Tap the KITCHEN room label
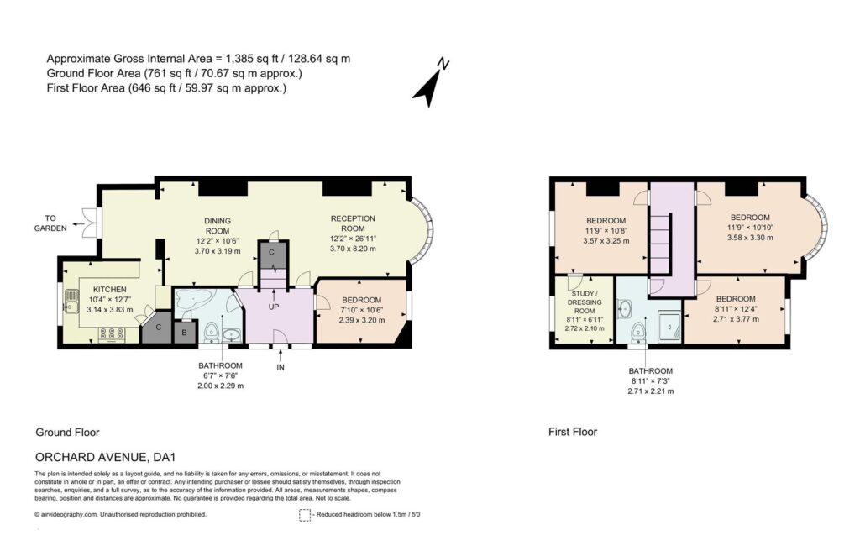tap(110, 289)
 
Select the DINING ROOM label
tap(218, 226)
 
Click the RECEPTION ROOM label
tap(353, 223)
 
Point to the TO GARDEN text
tap(50, 223)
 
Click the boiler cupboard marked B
tap(185, 333)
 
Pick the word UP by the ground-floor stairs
tap(274, 307)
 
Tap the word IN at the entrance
tap(281, 367)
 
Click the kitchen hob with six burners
tap(112, 334)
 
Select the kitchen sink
tap(71, 301)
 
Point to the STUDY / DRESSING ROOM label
tap(585, 302)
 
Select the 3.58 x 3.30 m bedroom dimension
tap(750, 238)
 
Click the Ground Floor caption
tap(67, 433)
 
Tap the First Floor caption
tap(573, 432)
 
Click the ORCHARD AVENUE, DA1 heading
tap(105, 457)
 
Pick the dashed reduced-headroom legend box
tap(305, 516)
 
